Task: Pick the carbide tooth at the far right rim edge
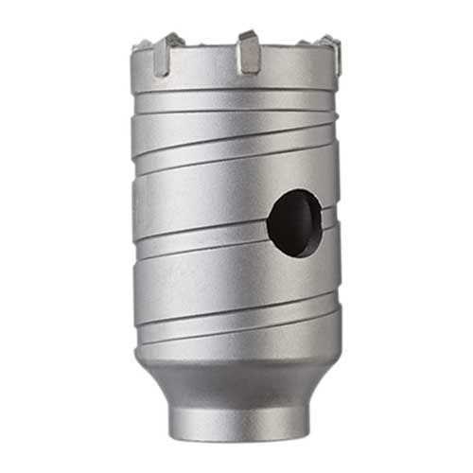click(x=331, y=53)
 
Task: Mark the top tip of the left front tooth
click(x=172, y=37)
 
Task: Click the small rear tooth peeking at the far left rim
click(x=140, y=45)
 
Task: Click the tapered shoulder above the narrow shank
click(x=236, y=374)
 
